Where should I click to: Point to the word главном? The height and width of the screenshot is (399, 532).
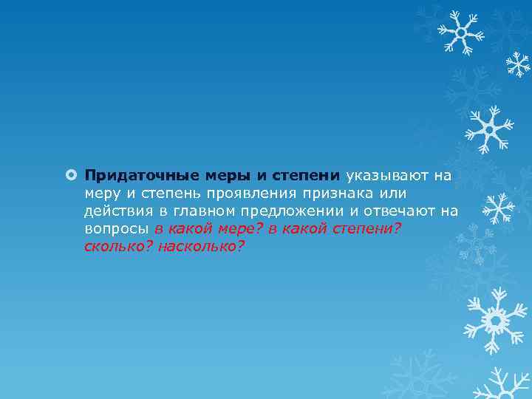pos(201,211)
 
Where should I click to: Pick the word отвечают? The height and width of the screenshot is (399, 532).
pos(395,211)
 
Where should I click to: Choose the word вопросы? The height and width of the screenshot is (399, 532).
pos(116,229)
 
